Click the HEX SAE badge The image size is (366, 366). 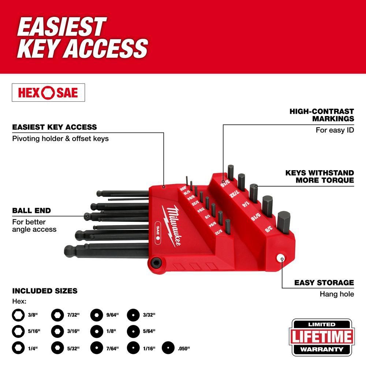pos(48,93)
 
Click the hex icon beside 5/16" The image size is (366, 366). pos(18,330)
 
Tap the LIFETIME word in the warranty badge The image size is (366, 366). pos(322,337)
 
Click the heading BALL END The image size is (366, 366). pos(31,210)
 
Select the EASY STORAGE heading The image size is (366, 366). pos(324,283)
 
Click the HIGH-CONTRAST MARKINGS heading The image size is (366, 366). pos(322,115)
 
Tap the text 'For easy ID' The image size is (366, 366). pos(335,130)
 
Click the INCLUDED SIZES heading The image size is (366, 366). pos(45,291)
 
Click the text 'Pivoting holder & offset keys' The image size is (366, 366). pos(60,139)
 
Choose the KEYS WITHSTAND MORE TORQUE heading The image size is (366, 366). pos(320,176)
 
